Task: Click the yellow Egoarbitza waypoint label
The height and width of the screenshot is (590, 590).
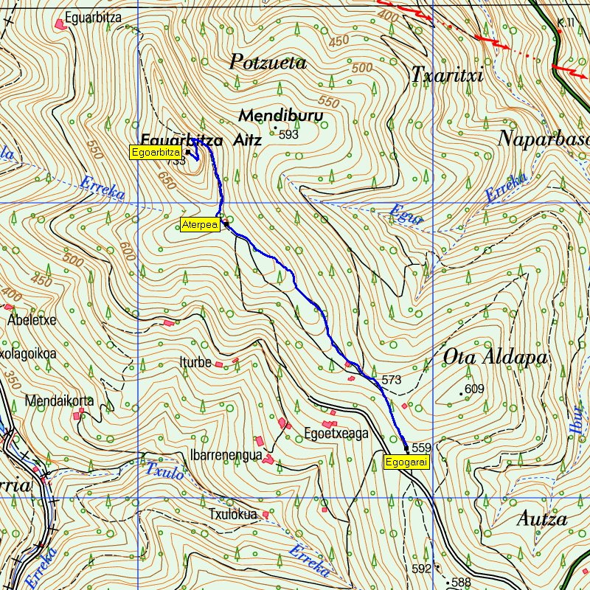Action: click(x=156, y=153)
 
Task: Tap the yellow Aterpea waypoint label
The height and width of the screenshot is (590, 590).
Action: click(x=200, y=226)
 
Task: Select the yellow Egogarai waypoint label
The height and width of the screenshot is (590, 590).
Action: click(x=406, y=462)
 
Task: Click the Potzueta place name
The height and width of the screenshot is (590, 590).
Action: click(x=268, y=63)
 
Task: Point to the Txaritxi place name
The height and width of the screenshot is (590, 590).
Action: click(x=446, y=75)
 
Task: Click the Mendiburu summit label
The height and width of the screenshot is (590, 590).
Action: click(x=280, y=117)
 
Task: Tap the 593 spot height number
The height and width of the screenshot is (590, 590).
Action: click(x=288, y=135)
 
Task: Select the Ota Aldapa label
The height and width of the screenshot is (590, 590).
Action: click(x=496, y=358)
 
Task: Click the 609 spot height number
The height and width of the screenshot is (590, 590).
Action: click(x=473, y=389)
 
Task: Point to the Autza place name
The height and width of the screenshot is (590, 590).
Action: click(x=541, y=519)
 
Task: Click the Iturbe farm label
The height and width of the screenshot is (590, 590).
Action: click(x=195, y=362)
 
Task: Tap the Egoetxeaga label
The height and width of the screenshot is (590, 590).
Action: click(x=336, y=434)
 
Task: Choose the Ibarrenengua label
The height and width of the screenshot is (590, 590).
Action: click(x=226, y=456)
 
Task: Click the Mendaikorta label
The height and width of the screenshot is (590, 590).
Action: click(x=59, y=401)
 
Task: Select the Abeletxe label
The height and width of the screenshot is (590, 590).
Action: click(x=32, y=321)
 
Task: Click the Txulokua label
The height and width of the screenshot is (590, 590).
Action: click(x=233, y=514)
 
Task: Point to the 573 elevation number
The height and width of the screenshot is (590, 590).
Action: click(x=392, y=380)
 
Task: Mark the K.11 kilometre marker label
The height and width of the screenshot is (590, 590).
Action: click(x=566, y=23)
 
